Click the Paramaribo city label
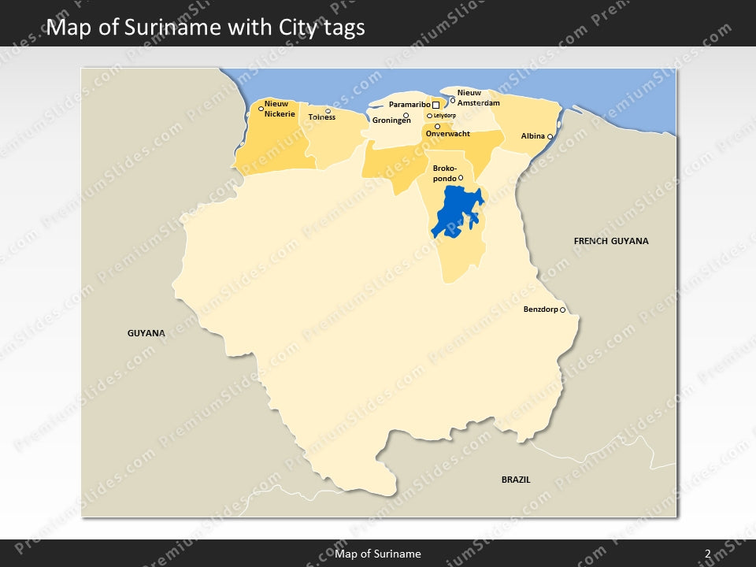[x=409, y=105]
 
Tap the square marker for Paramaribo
[x=435, y=105]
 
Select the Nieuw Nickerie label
[x=280, y=109]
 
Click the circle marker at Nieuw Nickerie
[x=261, y=109]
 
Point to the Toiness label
[x=321, y=117]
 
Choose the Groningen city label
[x=391, y=120]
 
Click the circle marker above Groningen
[x=406, y=115]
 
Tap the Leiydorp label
[x=445, y=116]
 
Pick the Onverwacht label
[x=447, y=134]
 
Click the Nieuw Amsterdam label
[x=478, y=98]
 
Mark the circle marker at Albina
[x=550, y=137]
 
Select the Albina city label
[x=532, y=136]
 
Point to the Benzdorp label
[x=540, y=309]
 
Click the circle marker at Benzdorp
[x=562, y=310]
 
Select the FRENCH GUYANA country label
[x=611, y=241]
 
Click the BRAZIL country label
[x=516, y=479]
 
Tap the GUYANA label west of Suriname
[x=146, y=333]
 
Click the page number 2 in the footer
[x=707, y=554]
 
